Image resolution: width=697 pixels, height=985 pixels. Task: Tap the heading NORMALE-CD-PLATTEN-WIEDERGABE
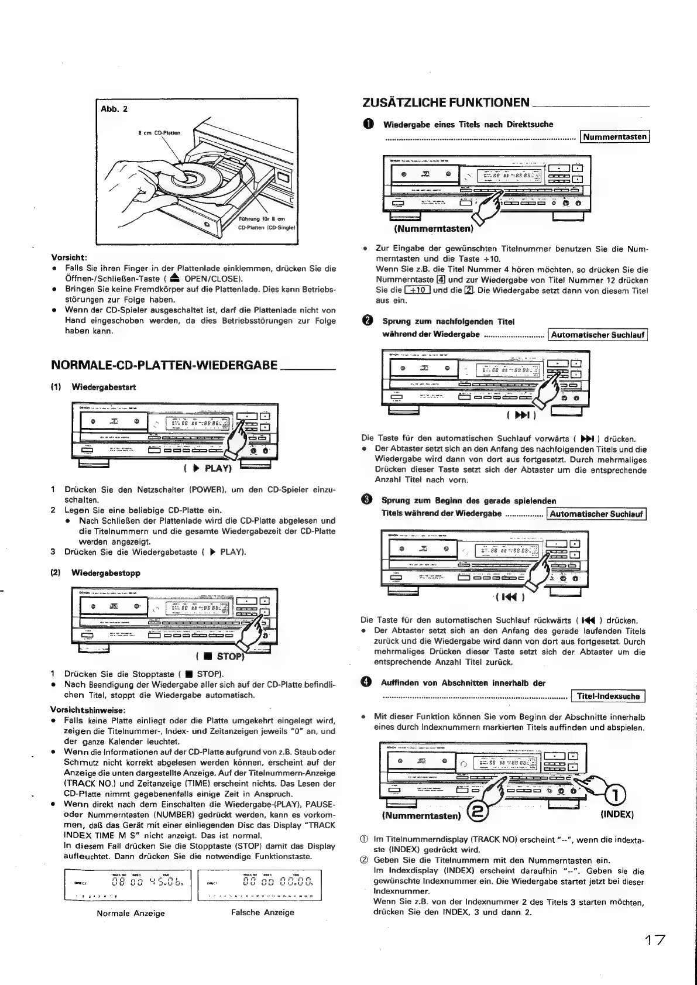tap(164, 365)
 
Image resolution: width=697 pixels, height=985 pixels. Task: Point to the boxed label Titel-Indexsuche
tap(608, 696)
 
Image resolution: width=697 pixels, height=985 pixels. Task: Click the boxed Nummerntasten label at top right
tap(615, 137)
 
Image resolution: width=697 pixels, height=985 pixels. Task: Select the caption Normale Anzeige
tap(131, 912)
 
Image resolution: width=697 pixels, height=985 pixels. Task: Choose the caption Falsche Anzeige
tap(263, 912)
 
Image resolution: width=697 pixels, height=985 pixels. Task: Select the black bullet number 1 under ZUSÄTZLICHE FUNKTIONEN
tap(367, 125)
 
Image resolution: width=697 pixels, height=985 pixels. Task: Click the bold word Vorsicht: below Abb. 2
tap(69, 256)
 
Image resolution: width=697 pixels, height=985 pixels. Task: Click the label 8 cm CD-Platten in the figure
tap(159, 133)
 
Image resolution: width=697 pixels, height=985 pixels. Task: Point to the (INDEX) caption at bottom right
tap(617, 814)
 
